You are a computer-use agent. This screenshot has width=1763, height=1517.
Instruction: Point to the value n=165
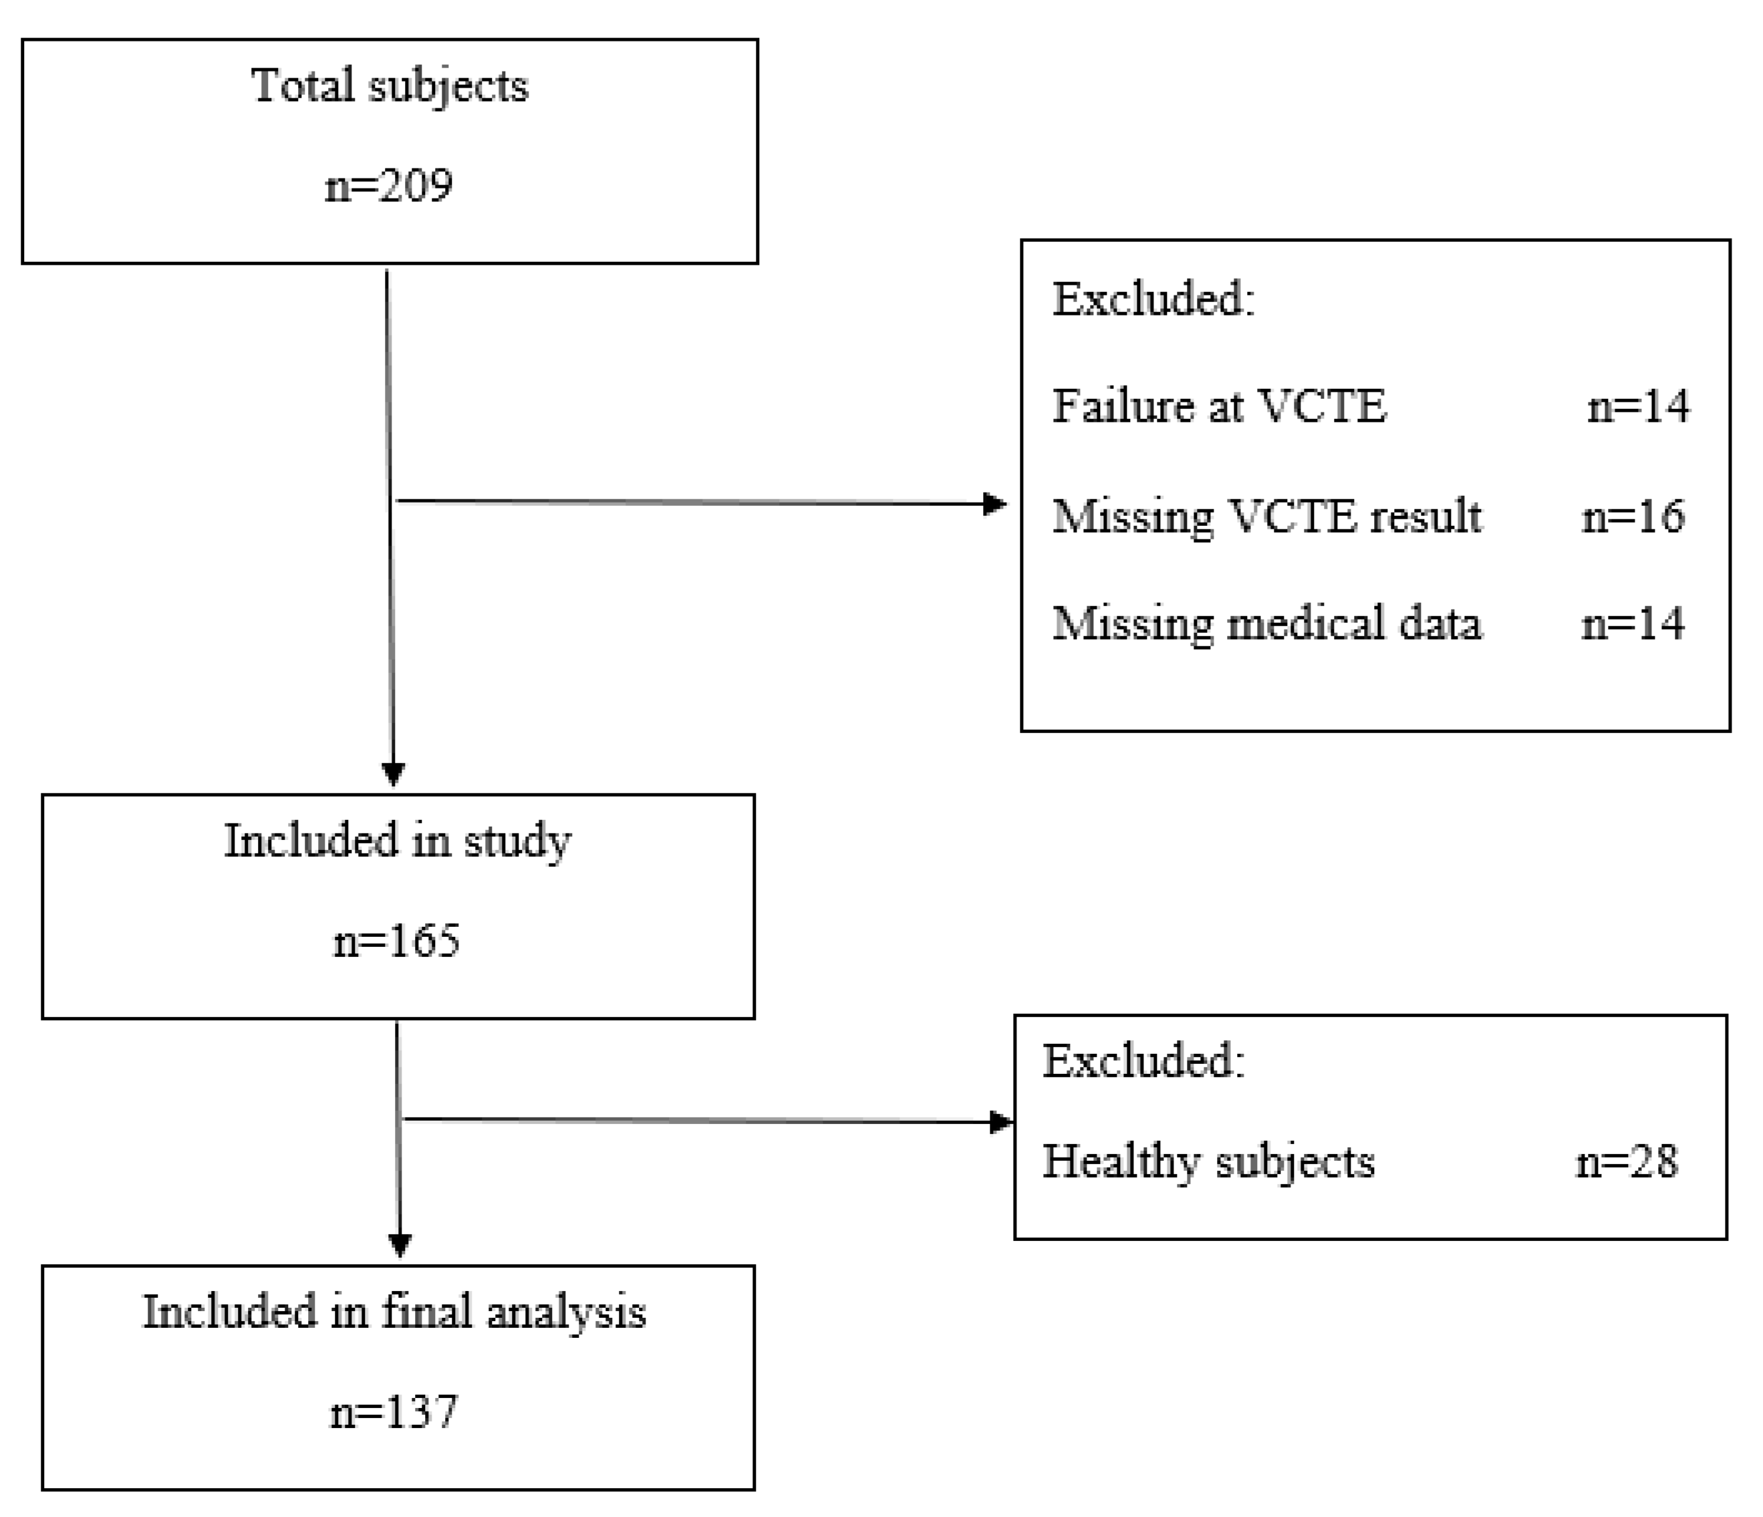tap(396, 941)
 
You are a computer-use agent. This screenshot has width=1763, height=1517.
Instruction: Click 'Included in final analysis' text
tap(394, 1312)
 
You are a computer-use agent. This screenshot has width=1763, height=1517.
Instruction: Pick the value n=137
tap(394, 1411)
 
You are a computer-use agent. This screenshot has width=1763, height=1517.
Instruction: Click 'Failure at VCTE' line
tap(1219, 406)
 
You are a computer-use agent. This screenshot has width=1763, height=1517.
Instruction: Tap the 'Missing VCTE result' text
tap(1267, 517)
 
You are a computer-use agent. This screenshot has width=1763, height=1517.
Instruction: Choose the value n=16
tap(1633, 517)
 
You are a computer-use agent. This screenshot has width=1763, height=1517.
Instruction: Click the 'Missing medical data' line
tap(1267, 624)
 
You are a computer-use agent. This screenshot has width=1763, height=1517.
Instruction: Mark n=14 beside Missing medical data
tap(1633, 624)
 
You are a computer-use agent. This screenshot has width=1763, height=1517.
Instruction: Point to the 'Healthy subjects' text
tap(1208, 1162)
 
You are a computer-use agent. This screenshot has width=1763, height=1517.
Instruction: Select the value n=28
tap(1627, 1162)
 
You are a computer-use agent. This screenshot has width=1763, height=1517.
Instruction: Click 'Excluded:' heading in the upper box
tap(1154, 299)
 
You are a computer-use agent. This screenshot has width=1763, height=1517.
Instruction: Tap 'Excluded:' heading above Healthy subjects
tap(1143, 1061)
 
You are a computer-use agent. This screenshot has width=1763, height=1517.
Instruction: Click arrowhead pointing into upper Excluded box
tap(994, 504)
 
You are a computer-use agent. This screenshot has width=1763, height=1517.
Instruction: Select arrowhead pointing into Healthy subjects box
tap(1002, 1122)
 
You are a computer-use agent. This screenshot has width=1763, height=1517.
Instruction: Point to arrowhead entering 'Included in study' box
tap(393, 773)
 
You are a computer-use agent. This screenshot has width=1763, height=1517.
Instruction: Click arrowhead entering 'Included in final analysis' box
tap(400, 1246)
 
